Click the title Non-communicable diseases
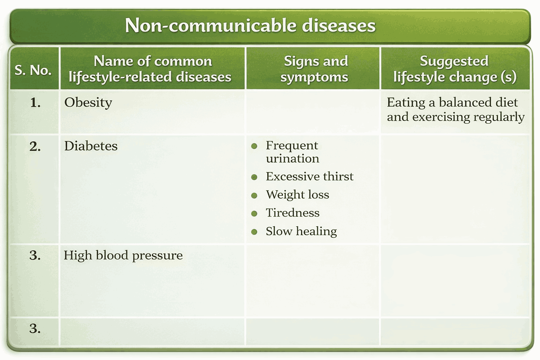pos(250,26)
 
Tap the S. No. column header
pos(33,70)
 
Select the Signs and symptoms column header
pos(315,69)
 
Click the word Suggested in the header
pos(454,61)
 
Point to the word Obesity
pos(88,102)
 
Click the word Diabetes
pos(91,146)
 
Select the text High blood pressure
pos(123,255)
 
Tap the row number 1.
pos(35,103)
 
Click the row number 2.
pos(35,146)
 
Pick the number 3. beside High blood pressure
pos(35,255)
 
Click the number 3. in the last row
pos(35,329)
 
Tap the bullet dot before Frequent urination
pos(255,146)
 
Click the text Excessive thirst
pos(309,176)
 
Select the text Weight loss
pos(297,195)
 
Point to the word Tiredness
pos(292,213)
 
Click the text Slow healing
pos(301,231)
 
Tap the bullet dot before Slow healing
pos(255,232)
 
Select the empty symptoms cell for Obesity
pos(313,112)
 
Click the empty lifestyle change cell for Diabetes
pos(455,189)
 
